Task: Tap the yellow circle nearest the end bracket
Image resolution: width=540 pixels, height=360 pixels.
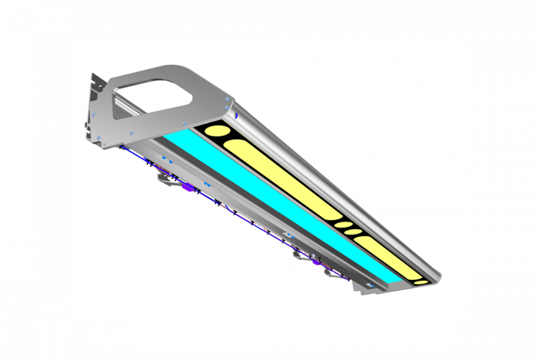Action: click(x=215, y=130)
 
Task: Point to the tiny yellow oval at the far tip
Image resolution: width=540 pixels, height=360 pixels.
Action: click(x=422, y=281)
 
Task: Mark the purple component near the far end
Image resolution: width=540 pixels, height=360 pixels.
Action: click(x=314, y=262)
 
